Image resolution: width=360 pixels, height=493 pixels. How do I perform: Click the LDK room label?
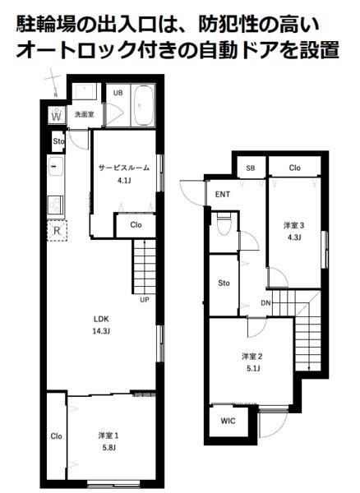[101, 319]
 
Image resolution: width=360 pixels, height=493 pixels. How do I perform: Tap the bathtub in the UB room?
[144, 105]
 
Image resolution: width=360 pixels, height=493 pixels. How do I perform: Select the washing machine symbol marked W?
[57, 115]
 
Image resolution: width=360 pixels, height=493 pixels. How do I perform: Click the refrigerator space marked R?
[57, 230]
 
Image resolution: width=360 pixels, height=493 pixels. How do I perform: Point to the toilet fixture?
[224, 223]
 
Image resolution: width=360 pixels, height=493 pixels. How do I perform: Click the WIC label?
[228, 421]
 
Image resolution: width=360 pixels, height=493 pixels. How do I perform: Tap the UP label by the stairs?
[145, 300]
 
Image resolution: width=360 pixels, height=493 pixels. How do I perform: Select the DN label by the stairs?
[265, 303]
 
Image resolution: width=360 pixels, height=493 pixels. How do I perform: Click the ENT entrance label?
[223, 194]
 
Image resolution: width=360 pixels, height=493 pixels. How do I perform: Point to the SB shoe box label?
[250, 168]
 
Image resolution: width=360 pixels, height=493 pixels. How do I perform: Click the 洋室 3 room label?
[294, 225]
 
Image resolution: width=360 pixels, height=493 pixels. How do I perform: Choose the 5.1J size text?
[252, 368]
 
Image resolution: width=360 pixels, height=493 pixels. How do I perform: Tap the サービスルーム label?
[124, 168]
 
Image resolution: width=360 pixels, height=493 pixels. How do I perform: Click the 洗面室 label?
[85, 114]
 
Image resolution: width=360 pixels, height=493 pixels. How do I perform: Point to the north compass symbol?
[53, 81]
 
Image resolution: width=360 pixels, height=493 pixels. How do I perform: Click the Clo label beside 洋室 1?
[56, 436]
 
